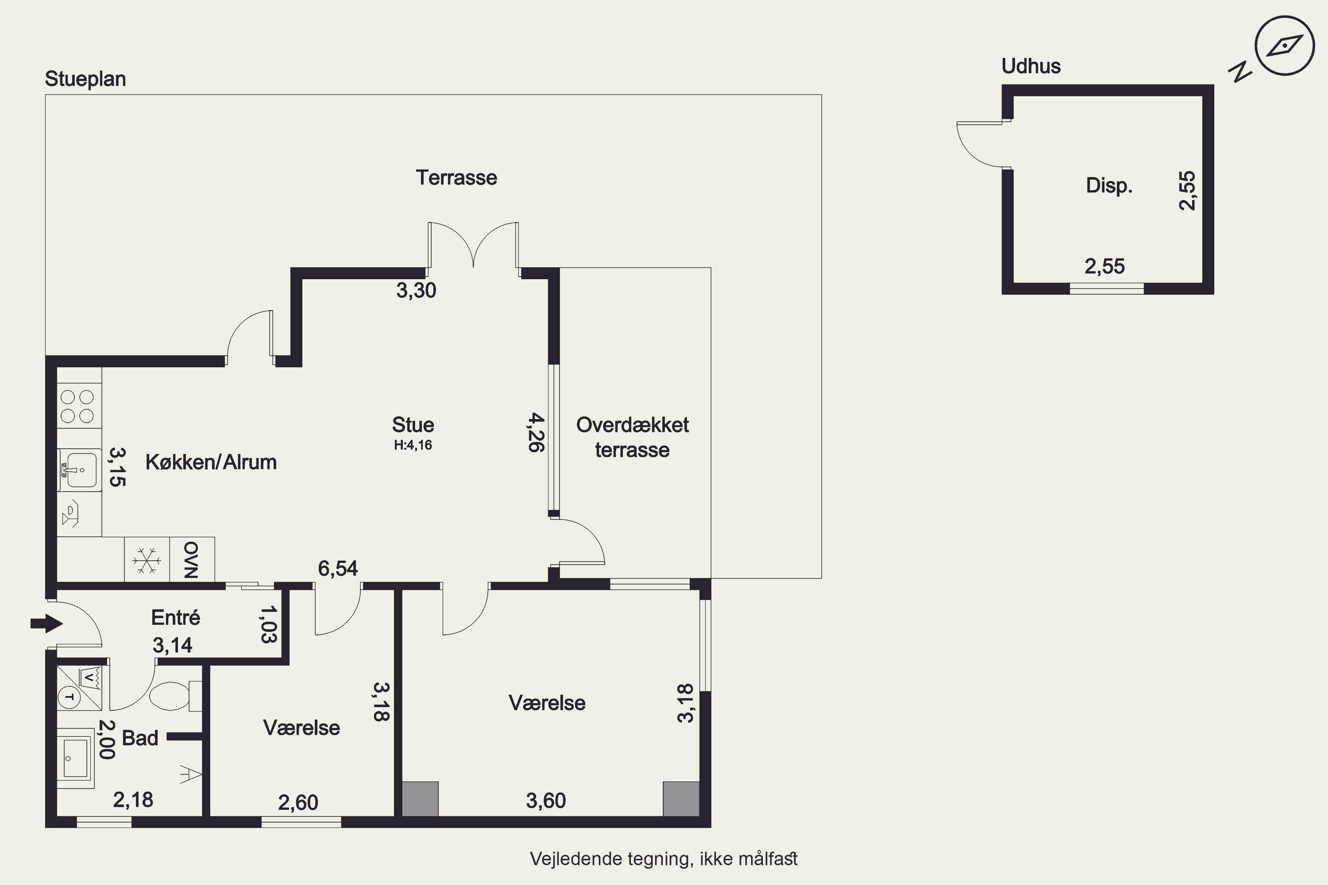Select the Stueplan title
[x=85, y=79]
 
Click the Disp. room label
[x=1109, y=186]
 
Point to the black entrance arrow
[x=46, y=623]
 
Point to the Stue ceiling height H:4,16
[x=413, y=445]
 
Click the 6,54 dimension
[x=338, y=568]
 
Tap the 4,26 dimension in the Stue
[x=537, y=432]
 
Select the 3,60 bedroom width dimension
[x=545, y=800]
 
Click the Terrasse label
[x=456, y=178]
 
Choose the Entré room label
[x=176, y=617]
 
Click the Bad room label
[x=140, y=738]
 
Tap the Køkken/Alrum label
[x=211, y=462]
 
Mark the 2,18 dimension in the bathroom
[x=133, y=800]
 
